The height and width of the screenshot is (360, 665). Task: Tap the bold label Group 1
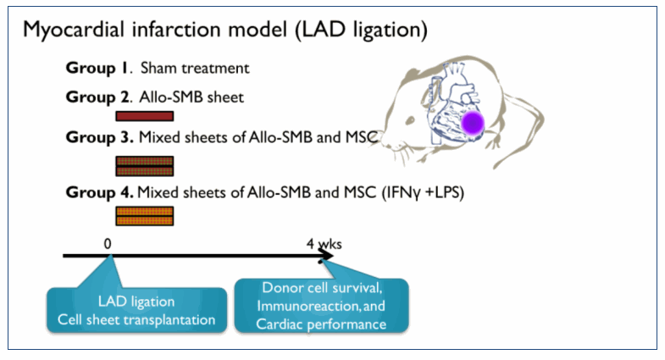[x=97, y=69]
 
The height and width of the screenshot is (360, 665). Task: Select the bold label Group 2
[x=97, y=97]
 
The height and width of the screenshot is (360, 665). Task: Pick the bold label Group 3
[x=99, y=138]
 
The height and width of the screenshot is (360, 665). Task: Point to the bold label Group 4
[x=99, y=193]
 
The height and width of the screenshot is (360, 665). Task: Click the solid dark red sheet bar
[x=145, y=116]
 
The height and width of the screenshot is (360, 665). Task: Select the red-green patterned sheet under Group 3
[x=145, y=166]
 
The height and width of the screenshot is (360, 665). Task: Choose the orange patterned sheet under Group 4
[x=145, y=216]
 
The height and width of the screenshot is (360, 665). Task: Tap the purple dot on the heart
[x=473, y=124]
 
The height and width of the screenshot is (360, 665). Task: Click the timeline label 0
[x=108, y=244]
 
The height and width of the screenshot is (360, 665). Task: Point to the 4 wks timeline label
[x=324, y=244]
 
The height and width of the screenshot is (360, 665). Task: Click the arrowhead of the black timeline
[x=326, y=255]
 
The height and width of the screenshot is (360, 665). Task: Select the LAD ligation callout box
[x=136, y=310]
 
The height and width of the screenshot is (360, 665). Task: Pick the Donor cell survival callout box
[x=321, y=306]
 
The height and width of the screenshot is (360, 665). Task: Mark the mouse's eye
[x=410, y=120]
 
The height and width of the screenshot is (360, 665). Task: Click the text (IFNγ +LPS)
[x=423, y=193]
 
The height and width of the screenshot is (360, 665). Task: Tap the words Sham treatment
[x=195, y=69]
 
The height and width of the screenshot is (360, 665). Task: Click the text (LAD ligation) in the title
[x=362, y=30]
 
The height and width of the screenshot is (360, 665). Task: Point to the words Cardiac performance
[x=321, y=324]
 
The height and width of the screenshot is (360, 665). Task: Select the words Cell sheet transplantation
[x=136, y=319]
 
